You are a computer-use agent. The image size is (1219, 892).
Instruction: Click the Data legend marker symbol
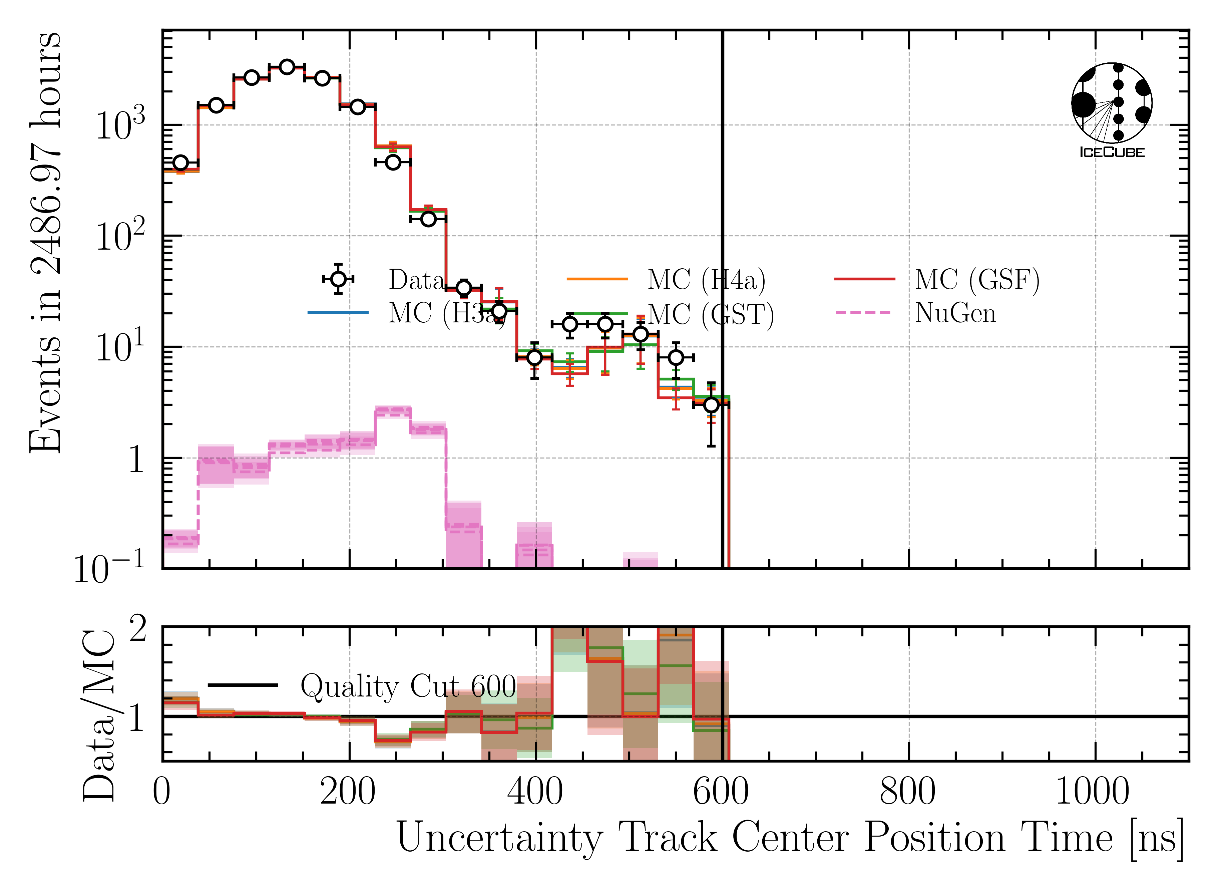click(338, 279)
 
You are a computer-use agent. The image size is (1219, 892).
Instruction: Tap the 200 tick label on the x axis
click(348, 792)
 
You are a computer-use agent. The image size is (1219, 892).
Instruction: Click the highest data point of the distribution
click(287, 67)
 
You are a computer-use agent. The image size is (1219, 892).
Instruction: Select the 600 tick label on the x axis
click(721, 792)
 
